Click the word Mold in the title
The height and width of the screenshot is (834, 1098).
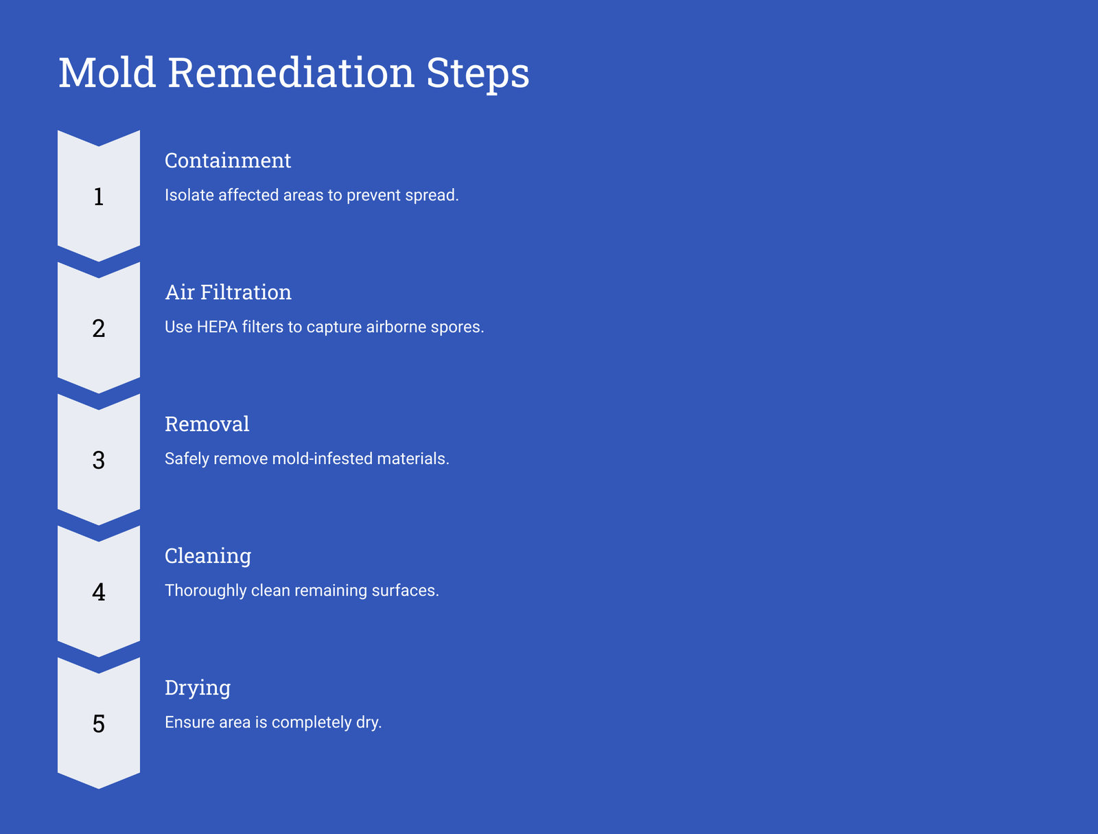click(x=107, y=73)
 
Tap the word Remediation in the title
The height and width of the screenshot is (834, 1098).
click(x=291, y=73)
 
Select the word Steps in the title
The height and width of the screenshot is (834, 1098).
click(x=478, y=75)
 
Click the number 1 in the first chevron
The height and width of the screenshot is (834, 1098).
click(x=99, y=196)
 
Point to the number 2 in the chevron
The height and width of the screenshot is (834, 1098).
click(x=99, y=328)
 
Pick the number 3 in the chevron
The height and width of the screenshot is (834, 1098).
click(x=99, y=460)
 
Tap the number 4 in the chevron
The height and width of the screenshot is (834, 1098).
click(x=99, y=592)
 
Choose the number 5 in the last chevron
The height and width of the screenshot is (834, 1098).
click(x=99, y=723)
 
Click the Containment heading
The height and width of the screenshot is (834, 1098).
click(x=228, y=161)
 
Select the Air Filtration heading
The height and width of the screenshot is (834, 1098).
click(x=228, y=292)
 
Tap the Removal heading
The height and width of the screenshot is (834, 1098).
click(x=207, y=424)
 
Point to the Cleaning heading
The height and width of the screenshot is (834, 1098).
click(x=208, y=557)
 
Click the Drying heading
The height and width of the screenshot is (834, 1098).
click(x=198, y=688)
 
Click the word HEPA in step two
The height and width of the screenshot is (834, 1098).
click(x=217, y=327)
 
